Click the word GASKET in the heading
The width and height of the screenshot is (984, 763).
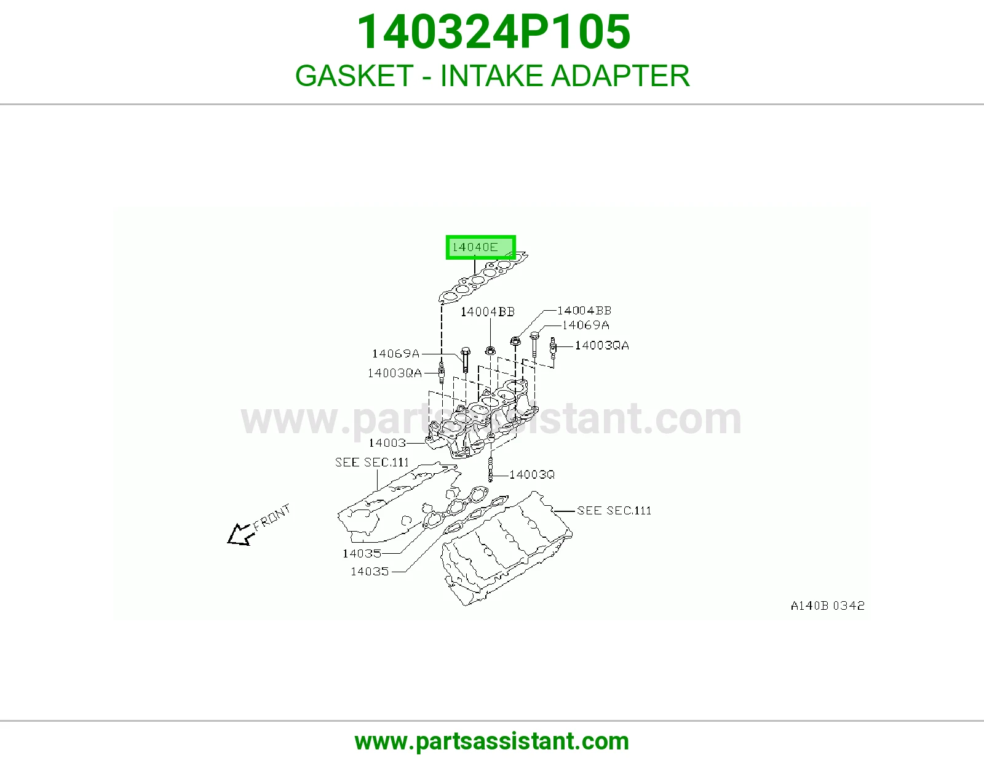click(x=354, y=76)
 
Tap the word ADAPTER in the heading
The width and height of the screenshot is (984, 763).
click(x=621, y=76)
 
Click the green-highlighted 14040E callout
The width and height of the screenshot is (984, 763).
click(x=480, y=247)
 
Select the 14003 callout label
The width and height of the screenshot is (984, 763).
click(x=387, y=442)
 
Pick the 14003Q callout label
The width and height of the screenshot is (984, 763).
click(x=531, y=474)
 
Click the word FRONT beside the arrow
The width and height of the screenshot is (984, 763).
click(x=271, y=517)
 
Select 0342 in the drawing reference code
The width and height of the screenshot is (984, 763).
click(x=849, y=605)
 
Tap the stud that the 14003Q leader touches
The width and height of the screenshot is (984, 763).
click(x=490, y=470)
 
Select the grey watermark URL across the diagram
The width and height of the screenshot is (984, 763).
click(x=491, y=419)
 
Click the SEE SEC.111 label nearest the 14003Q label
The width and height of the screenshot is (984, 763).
click(x=614, y=511)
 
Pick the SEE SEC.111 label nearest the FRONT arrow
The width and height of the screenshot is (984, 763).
click(x=372, y=462)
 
